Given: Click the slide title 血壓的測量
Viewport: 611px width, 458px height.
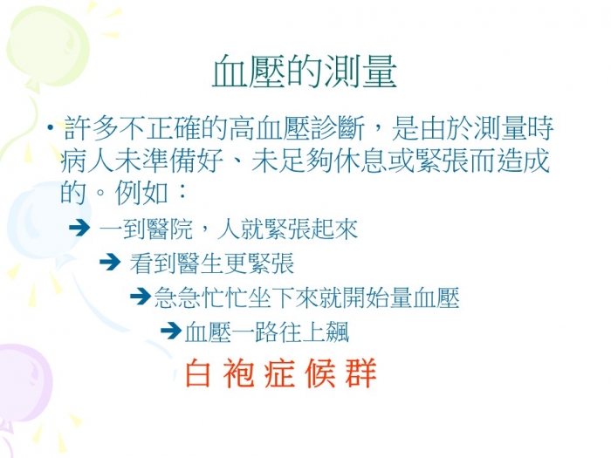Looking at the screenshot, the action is point(305,71).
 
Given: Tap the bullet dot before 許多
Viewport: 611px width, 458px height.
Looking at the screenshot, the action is point(50,127).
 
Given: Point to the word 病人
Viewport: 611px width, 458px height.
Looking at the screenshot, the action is point(87,160).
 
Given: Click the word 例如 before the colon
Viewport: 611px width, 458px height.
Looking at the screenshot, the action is point(141,193).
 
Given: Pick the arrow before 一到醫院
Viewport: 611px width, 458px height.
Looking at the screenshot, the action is point(79,228).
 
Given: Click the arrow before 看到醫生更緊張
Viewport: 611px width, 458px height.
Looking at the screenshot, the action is point(110,262).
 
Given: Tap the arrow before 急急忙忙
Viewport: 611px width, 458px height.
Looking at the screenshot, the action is point(141,297).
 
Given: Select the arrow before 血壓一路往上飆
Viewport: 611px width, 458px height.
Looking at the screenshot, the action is point(171,332).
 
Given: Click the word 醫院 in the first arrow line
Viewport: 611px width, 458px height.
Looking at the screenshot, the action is point(170,229).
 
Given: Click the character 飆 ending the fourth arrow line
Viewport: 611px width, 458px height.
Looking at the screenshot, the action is point(338,332).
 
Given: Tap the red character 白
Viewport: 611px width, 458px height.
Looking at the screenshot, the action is point(198,373).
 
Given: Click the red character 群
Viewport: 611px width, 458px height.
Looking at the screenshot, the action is point(360,373).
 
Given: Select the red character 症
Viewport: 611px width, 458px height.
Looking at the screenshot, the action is point(279,373).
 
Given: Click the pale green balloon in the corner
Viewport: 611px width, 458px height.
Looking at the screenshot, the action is point(47,47).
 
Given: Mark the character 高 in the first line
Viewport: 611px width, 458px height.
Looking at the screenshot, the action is point(242,127).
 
